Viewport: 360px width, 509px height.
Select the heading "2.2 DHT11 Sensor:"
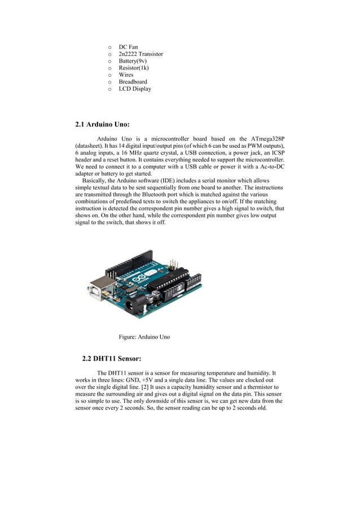(111, 358)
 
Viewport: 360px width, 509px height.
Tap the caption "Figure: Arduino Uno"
(144, 337)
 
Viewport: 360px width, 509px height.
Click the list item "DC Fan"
(128, 47)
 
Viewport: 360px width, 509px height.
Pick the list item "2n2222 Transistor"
(141, 54)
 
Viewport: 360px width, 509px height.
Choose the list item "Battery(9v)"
(133, 61)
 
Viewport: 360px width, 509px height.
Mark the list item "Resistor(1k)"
(134, 68)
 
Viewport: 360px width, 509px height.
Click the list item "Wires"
(126, 74)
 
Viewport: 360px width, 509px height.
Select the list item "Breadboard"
(133, 82)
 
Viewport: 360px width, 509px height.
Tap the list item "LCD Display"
(135, 89)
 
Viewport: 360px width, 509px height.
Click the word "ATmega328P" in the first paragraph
(267, 139)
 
